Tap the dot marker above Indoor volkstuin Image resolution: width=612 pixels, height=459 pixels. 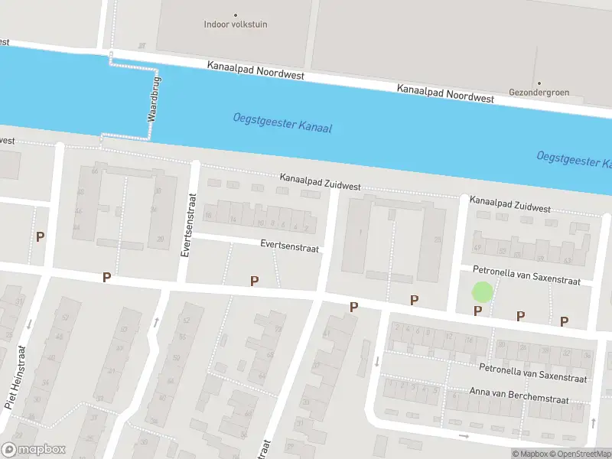click(x=235, y=15)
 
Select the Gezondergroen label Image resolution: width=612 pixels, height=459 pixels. click(x=539, y=93)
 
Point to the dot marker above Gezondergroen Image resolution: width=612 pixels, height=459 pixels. click(x=539, y=83)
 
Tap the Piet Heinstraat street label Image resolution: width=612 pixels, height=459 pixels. click(x=15, y=377)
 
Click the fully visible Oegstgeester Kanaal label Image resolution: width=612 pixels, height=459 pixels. click(x=282, y=123)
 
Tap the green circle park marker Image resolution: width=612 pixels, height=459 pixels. click(x=482, y=291)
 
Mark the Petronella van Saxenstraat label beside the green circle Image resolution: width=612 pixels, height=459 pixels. click(x=527, y=275)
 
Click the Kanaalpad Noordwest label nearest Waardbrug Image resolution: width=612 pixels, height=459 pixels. click(x=256, y=70)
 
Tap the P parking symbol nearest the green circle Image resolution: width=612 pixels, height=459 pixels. click(x=477, y=311)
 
